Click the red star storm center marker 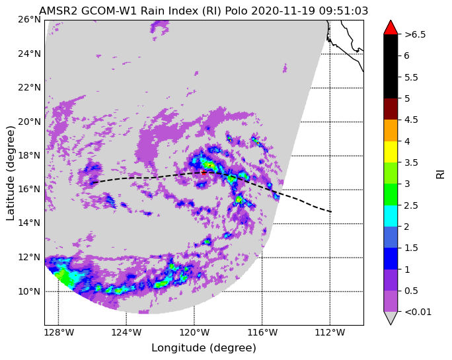[204, 172]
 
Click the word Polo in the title [237, 11]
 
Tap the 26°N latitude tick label [29, 20]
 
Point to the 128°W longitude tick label [58, 333]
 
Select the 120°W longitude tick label [194, 333]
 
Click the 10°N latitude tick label [29, 291]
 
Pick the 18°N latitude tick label [29, 156]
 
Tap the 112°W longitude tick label [330, 333]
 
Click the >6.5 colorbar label [415, 34]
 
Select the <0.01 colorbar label [418, 312]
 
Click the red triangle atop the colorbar [391, 27]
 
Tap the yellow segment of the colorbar [391, 152]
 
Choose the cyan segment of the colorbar [391, 216]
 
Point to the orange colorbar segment [391, 130]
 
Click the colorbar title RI [441, 174]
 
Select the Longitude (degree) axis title [204, 348]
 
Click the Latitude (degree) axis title [11, 173]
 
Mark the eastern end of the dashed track [331, 212]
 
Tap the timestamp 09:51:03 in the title [344, 11]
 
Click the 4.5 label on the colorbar [411, 120]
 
